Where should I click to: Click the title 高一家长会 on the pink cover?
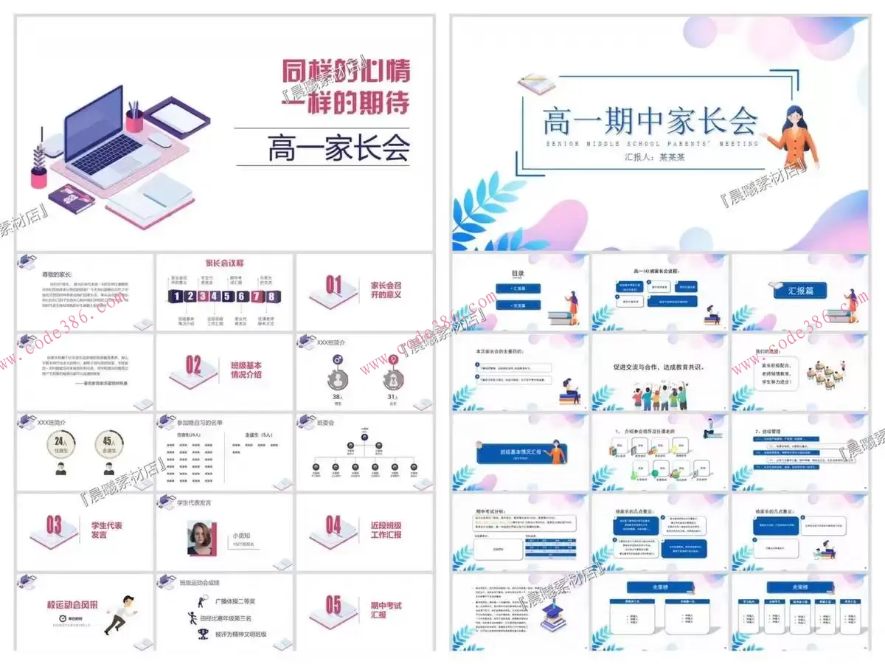pyautogui.click(x=339, y=147)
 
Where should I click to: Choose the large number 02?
pyautogui.click(x=193, y=364)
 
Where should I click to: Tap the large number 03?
pyautogui.click(x=54, y=525)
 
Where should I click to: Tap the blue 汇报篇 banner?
pyautogui.click(x=800, y=291)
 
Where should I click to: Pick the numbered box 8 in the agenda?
pyautogui.click(x=272, y=297)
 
